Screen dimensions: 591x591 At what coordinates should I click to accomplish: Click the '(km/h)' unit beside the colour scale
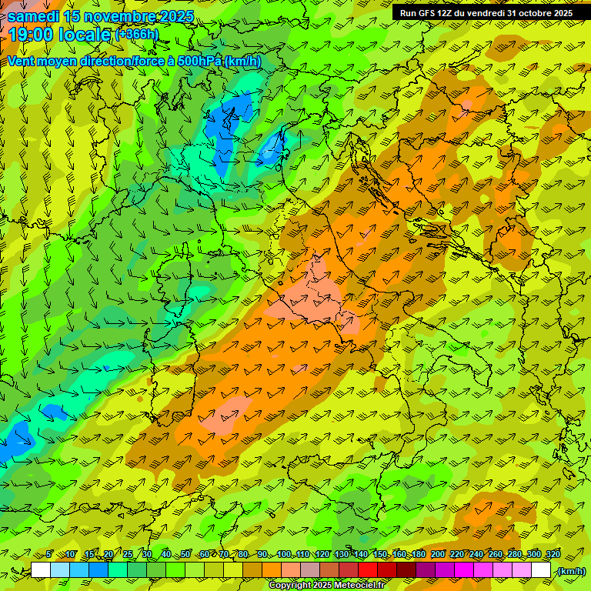click(x=570, y=571)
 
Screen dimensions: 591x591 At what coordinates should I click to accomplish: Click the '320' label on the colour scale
click(x=553, y=555)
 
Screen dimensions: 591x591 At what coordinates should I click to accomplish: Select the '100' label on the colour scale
click(x=283, y=555)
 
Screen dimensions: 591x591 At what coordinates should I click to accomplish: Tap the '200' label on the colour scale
click(x=437, y=555)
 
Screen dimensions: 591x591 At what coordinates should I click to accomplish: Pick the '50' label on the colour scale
click(x=185, y=555)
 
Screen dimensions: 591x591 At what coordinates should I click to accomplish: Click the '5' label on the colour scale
click(x=49, y=555)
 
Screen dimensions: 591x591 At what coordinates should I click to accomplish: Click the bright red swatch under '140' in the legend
click(x=368, y=570)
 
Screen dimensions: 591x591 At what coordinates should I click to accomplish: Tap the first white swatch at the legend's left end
click(x=41, y=570)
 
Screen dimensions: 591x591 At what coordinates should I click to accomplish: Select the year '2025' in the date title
click(x=174, y=16)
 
